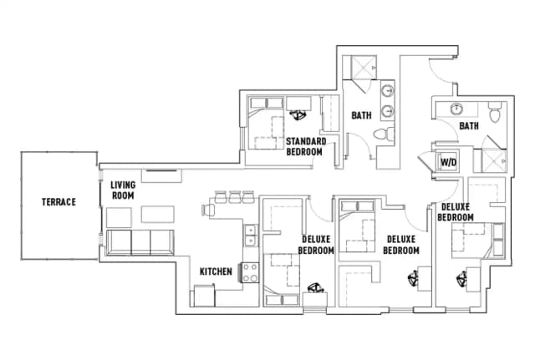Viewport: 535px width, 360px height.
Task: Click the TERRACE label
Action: tap(59, 202)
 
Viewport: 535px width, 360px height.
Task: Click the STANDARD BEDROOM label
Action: tap(305, 147)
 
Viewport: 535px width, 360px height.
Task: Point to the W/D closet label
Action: tap(448, 162)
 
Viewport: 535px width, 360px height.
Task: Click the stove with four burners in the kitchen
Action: tap(249, 271)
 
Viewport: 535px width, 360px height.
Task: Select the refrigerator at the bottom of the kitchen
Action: tap(205, 296)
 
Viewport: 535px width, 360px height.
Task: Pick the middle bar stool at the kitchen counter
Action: tap(235, 197)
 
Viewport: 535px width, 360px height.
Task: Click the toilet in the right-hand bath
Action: tap(493, 111)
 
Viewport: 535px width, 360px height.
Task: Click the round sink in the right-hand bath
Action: tap(456, 109)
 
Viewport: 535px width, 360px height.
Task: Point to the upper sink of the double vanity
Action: tap(388, 92)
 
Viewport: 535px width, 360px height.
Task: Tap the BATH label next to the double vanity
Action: tap(361, 115)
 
